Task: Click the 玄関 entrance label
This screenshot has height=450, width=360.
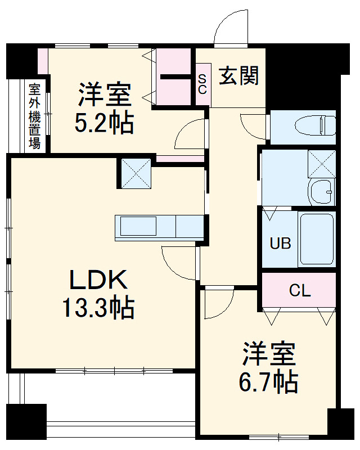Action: (x=238, y=76)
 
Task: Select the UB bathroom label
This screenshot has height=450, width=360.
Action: (x=280, y=244)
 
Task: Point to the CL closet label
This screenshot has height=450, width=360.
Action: (x=299, y=290)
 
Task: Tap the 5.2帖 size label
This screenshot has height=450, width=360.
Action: (x=105, y=123)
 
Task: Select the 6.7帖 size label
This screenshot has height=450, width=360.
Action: (x=269, y=382)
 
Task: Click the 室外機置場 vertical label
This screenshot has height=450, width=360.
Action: (x=35, y=116)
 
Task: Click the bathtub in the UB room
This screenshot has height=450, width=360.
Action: (x=316, y=240)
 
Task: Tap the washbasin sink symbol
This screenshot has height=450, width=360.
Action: (x=322, y=193)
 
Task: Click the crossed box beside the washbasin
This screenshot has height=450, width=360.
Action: (x=322, y=164)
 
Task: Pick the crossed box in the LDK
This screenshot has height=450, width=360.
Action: (x=136, y=173)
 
